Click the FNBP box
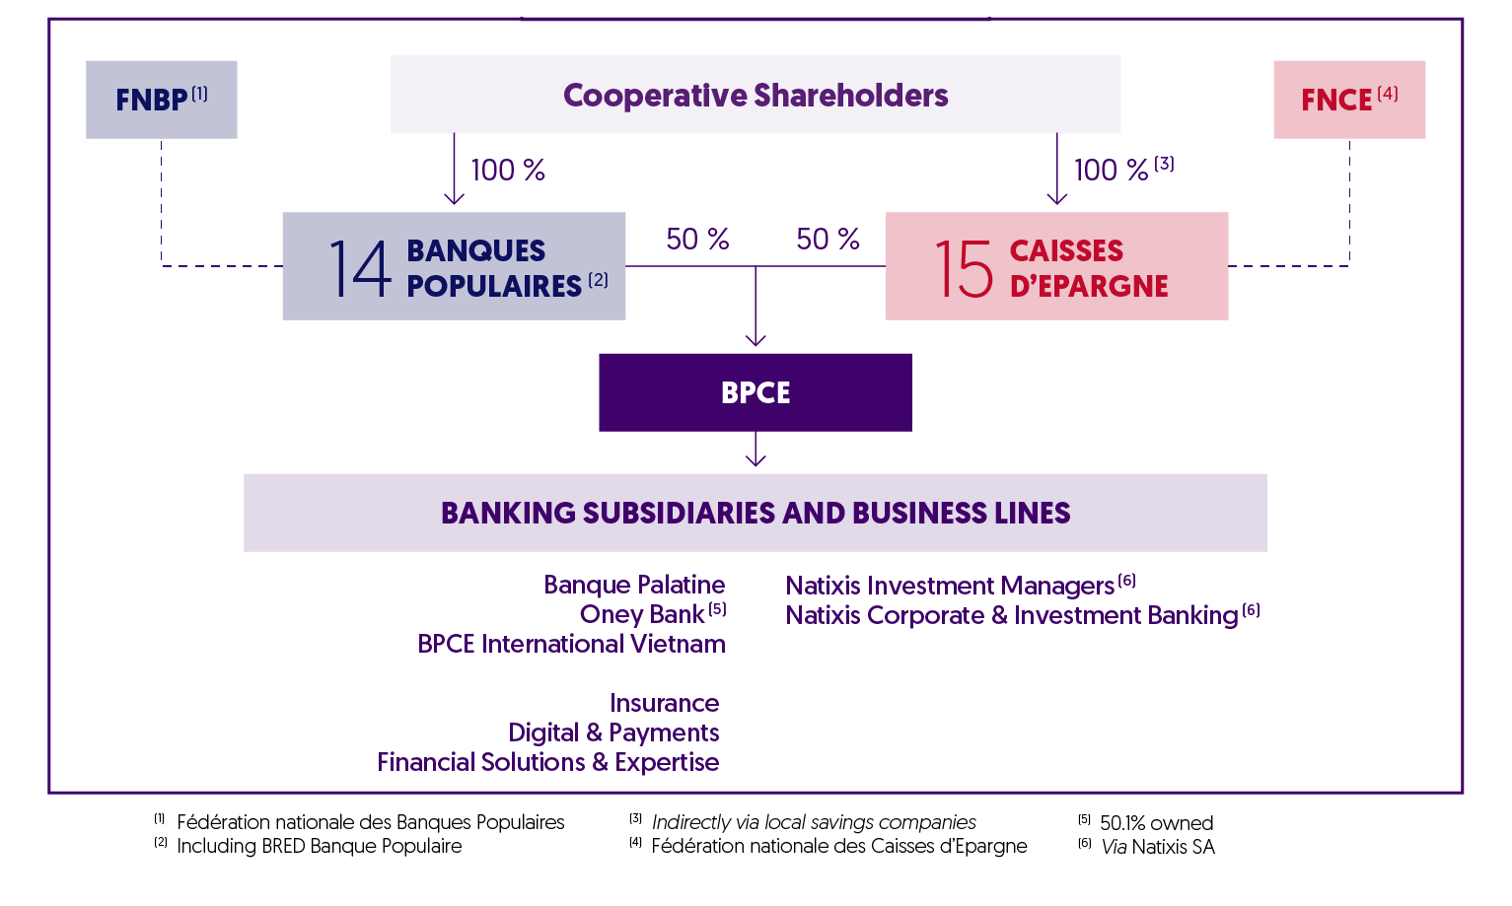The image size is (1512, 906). point(161,100)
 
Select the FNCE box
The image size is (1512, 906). point(1348,100)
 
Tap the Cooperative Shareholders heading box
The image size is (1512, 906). point(756,95)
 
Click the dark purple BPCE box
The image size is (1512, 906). point(755,392)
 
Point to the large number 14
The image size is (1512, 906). point(359,268)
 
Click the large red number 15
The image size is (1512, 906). point(963,268)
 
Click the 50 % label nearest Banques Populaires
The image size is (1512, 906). point(697,240)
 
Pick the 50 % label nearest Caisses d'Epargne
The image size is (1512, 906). point(828,240)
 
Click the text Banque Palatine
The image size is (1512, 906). point(634,585)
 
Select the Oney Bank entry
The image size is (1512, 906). point(643,614)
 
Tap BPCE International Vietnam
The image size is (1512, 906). point(571,644)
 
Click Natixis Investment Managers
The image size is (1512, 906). point(950,586)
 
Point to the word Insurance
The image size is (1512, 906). point(664,703)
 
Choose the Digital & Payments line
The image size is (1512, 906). point(613,732)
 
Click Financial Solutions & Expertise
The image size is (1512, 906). point(548,762)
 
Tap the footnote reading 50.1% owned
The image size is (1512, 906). point(1156,823)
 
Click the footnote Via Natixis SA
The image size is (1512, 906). point(1158,846)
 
